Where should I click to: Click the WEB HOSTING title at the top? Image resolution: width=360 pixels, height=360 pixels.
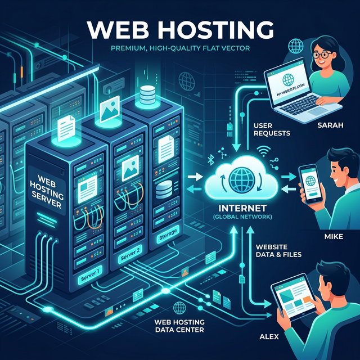180,29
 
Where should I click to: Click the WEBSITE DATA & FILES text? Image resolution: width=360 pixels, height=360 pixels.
278,250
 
